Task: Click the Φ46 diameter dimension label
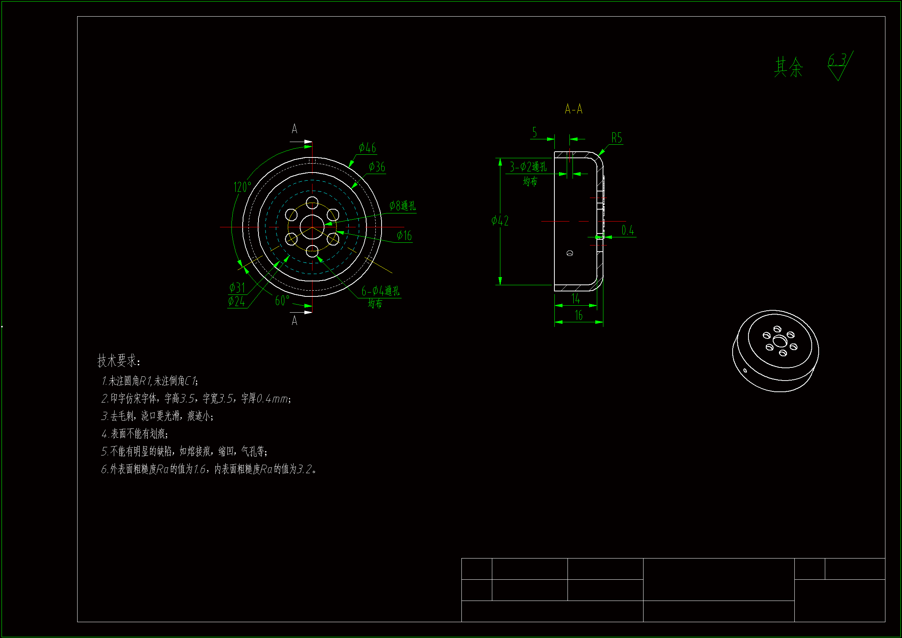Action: click(367, 148)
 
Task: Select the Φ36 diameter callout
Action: click(377, 167)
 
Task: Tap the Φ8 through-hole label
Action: click(402, 206)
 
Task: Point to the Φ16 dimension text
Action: click(404, 236)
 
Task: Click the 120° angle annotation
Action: click(242, 187)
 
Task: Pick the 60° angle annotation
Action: click(282, 301)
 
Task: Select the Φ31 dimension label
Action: click(237, 288)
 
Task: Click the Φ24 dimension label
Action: click(236, 302)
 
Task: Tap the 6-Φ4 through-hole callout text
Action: click(380, 291)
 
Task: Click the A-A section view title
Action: click(574, 109)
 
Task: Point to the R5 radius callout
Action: click(617, 138)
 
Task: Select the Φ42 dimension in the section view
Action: click(500, 221)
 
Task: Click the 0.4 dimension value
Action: click(628, 230)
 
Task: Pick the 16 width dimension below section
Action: click(579, 315)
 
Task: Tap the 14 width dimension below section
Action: click(576, 299)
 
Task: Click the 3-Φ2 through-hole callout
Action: click(528, 168)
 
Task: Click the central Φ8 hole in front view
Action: click(312, 227)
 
